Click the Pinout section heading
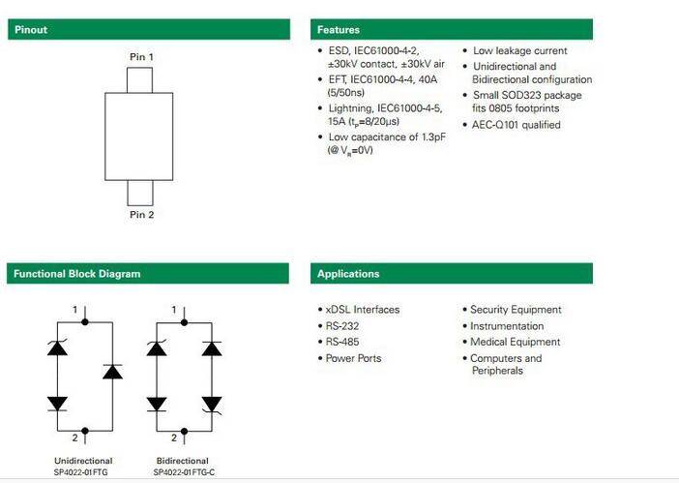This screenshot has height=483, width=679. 30,30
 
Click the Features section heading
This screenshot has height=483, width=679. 339,30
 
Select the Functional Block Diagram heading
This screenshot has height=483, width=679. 76,274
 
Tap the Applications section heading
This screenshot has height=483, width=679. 348,274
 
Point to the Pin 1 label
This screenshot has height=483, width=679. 141,57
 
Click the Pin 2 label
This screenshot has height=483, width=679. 141,214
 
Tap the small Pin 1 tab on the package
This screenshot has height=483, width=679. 141,79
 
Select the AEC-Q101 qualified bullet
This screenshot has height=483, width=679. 517,125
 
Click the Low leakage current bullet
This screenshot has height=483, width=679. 519,50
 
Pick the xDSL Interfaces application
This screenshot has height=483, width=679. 362,310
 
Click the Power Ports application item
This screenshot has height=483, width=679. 353,358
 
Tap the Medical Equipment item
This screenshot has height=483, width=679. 515,342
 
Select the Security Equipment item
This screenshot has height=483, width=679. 516,310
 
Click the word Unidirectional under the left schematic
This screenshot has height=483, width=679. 83,461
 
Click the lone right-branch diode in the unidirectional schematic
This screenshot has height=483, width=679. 112,372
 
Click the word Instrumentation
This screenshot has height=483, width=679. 507,326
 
